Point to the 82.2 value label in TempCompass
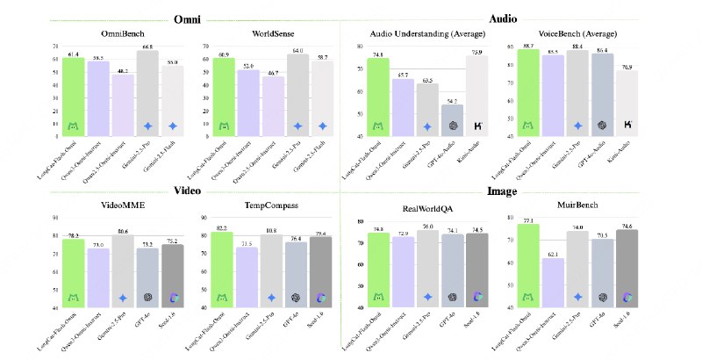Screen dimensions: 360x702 pos(224,227)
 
